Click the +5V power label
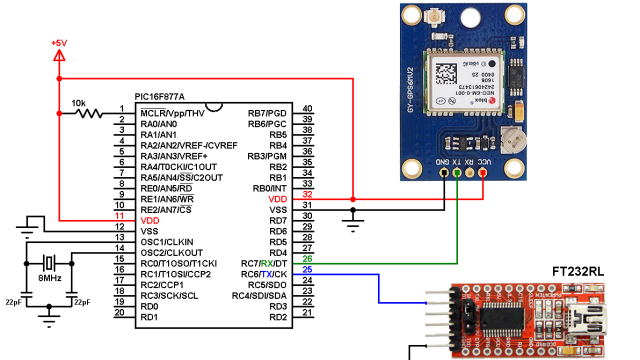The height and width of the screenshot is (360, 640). coord(60,43)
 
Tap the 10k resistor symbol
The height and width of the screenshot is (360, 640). coord(91,113)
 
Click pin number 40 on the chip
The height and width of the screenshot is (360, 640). coord(308,109)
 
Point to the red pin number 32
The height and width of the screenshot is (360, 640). coord(308,195)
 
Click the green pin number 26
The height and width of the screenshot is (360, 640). coord(308,260)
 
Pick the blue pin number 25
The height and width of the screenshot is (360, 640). coord(308,271)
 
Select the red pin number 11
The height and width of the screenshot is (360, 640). coord(119,216)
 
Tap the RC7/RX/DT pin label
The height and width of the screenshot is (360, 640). coord(264,263)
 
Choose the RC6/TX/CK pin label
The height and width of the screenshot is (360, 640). coord(264,274)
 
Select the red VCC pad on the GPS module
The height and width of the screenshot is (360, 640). coord(483,173)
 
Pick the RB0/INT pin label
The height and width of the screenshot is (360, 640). coord(270,188)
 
